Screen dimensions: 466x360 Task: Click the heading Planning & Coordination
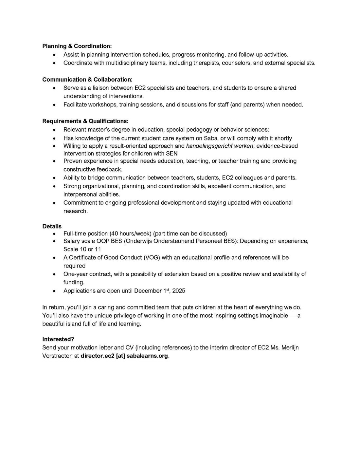point(77,46)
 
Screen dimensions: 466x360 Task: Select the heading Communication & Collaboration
point(87,80)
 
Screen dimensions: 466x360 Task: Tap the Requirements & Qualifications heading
point(85,121)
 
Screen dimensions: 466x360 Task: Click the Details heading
point(52,226)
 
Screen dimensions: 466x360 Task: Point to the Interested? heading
point(58,339)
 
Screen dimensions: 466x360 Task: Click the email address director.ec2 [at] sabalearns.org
point(124,356)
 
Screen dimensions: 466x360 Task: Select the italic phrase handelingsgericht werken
point(219,146)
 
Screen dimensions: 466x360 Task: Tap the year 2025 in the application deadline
point(179,291)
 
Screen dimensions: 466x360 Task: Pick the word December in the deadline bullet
point(148,291)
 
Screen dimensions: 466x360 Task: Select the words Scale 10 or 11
point(82,249)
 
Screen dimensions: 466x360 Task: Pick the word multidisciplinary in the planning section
point(127,63)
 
